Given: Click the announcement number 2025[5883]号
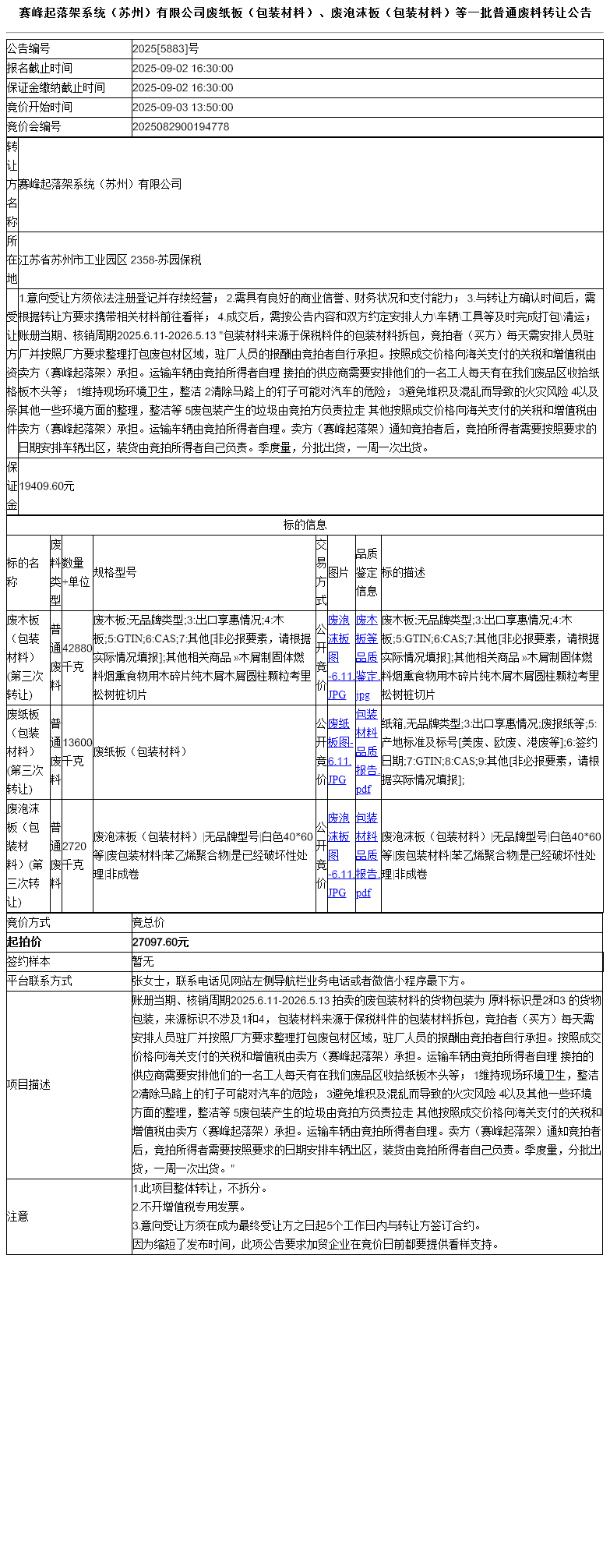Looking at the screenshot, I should (165, 49).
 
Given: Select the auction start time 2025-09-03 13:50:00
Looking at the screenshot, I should (182, 107).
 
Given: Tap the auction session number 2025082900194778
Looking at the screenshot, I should (181, 126).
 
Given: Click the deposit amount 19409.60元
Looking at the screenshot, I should (47, 486).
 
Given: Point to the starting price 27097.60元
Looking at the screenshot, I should (160, 942).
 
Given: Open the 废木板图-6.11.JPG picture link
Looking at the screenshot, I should (338, 657).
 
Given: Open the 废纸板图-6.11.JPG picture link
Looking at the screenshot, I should (338, 751).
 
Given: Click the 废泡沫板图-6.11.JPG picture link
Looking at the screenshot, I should (338, 855).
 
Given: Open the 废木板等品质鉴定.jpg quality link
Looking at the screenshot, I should (367, 657).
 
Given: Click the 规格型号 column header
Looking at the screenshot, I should (115, 572).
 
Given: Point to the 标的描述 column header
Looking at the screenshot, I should (403, 572).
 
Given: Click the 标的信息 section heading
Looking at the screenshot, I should (305, 525).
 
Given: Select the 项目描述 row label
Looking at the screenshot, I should (29, 1084).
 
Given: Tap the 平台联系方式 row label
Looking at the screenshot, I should (40, 981).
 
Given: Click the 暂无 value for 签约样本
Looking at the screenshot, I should (143, 962).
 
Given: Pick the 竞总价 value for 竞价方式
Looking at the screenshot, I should (149, 923).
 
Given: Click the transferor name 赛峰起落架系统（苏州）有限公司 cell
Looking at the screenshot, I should (100, 184).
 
